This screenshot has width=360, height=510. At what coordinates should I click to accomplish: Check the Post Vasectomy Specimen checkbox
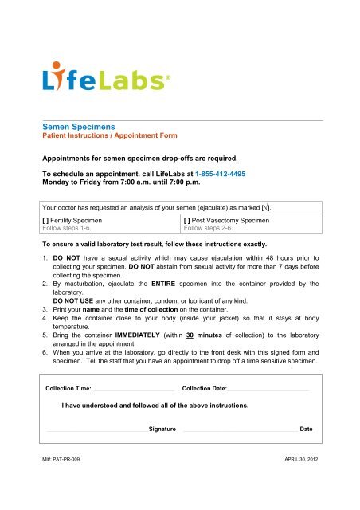point(187,218)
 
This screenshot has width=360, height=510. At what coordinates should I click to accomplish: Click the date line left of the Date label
point(239,430)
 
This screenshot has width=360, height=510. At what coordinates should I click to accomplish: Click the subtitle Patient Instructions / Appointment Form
point(104,136)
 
